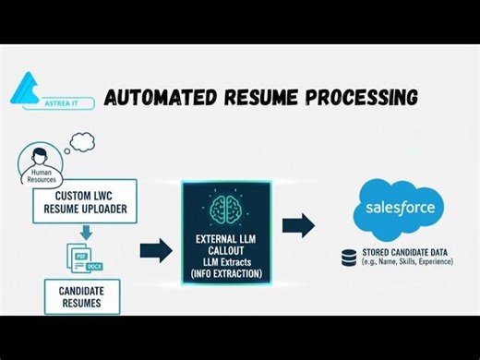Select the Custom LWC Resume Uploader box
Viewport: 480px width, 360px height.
pyautogui.click(x=85, y=202)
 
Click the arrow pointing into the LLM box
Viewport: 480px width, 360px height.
pyautogui.click(x=155, y=249)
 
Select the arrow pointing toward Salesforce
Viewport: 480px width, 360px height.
pyautogui.click(x=297, y=225)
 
